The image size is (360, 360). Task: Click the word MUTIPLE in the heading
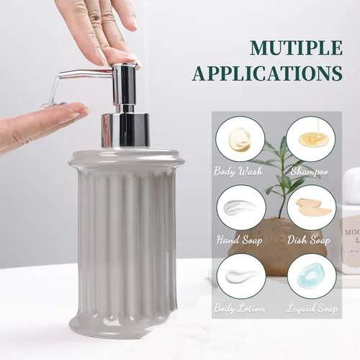(296, 48)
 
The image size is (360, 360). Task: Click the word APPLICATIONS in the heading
(267, 73)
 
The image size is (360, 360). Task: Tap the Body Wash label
(238, 172)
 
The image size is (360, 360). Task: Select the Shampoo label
(309, 172)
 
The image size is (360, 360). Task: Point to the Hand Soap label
(239, 240)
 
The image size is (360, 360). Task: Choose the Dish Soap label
(309, 240)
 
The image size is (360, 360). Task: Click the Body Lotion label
(240, 308)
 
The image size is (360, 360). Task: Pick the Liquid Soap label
(312, 308)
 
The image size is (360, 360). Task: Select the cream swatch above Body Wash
(240, 140)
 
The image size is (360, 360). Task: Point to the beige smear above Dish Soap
(313, 207)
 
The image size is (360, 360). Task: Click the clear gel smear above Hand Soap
(240, 207)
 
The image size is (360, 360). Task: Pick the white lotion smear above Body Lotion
(240, 276)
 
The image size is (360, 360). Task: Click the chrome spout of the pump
(86, 74)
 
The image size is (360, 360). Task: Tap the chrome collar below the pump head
(125, 130)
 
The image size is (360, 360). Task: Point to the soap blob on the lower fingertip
(53, 105)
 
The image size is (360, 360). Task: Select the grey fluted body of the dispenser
(127, 240)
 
